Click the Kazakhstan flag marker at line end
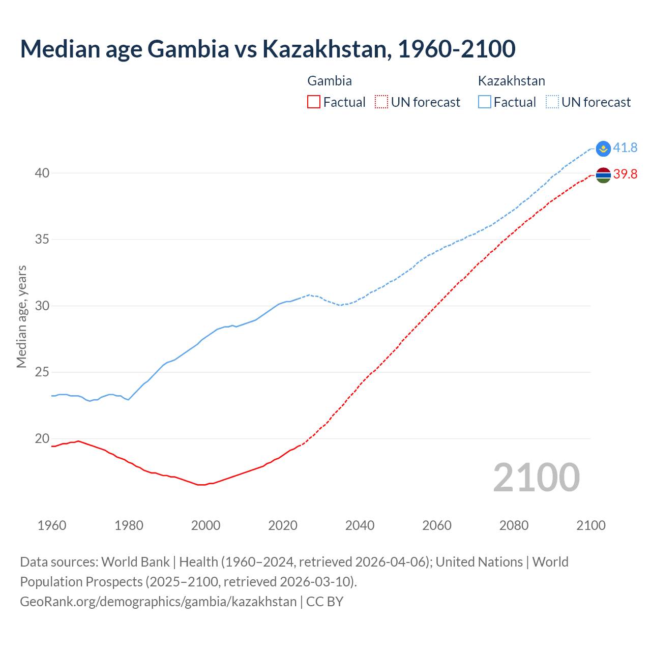(603, 149)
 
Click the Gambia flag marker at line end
(603, 175)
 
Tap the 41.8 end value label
(625, 148)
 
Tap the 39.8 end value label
(625, 174)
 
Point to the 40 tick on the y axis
(42, 173)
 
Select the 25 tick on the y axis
(42, 372)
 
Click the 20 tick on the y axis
(42, 439)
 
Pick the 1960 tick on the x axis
(52, 525)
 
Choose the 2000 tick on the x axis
(205, 525)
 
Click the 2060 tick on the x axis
(437, 525)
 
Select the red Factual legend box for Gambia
(314, 102)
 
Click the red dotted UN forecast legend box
(381, 102)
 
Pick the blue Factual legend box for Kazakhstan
(485, 102)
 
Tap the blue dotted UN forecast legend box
(552, 102)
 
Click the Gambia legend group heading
(330, 81)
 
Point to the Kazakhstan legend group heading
(511, 81)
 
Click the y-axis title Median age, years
(21, 316)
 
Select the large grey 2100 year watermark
(536, 478)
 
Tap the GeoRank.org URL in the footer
(158, 602)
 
